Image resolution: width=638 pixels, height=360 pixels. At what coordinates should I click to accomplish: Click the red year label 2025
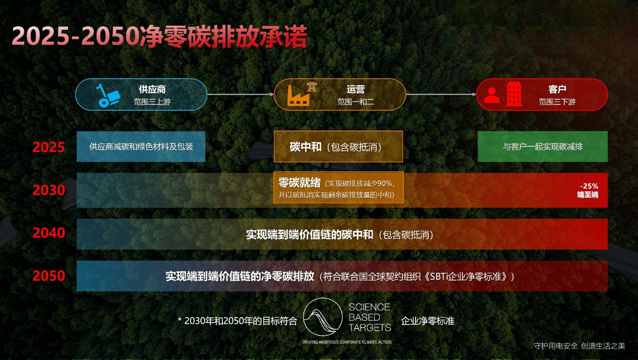point(49,147)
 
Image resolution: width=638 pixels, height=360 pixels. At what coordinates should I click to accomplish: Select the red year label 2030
point(49,190)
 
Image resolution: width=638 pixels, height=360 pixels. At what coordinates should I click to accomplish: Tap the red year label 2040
point(49,233)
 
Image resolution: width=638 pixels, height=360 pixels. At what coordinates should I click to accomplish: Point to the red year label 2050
point(49,276)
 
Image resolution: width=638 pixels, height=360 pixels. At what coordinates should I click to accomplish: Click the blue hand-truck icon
point(108,95)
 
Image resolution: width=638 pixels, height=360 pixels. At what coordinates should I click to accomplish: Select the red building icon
point(514,94)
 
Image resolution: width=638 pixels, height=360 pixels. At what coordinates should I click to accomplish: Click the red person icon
point(492,95)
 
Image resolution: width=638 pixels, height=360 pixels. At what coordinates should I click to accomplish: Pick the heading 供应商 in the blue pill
point(152,89)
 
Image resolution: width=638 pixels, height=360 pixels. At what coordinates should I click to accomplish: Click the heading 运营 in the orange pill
point(356,89)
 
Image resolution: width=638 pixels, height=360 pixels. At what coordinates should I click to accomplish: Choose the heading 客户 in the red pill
point(557,89)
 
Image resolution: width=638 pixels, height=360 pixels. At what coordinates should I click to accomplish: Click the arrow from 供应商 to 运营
point(241,94)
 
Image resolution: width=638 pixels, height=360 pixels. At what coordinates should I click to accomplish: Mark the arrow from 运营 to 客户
point(441,94)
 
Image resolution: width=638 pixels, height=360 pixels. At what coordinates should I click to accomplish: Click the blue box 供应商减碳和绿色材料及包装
point(141,146)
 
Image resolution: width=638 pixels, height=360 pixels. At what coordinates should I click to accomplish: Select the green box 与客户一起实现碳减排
point(543,146)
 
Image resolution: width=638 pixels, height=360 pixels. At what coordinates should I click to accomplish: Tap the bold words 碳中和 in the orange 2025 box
point(306,147)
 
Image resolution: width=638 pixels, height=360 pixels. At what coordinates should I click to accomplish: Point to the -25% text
point(589,186)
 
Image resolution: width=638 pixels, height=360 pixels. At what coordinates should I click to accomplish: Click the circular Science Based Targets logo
point(323,317)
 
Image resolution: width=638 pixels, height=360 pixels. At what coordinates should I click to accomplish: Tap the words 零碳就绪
point(300,183)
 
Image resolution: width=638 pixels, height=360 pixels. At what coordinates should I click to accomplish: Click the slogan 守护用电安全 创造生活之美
point(579,346)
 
